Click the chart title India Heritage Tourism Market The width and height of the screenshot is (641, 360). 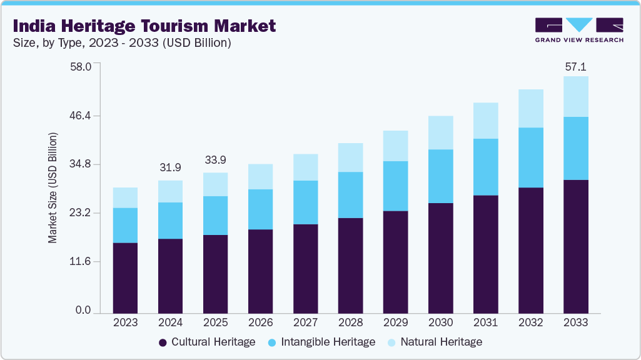[144, 26]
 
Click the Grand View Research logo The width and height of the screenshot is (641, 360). [579, 30]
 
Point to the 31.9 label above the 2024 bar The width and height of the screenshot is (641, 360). [170, 167]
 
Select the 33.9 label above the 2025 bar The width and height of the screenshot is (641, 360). [215, 160]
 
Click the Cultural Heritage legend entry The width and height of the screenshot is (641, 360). [207, 342]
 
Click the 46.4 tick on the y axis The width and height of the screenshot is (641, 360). [83, 116]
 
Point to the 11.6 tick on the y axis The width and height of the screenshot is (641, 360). [83, 261]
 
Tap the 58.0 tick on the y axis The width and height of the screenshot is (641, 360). [83, 66]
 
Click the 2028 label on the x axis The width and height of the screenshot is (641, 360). [350, 323]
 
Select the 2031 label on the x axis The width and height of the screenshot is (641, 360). [485, 323]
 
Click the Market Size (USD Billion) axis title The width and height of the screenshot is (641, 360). [53, 188]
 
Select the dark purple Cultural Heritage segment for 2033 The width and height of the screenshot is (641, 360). [575, 246]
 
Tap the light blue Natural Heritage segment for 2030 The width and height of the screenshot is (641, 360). [440, 132]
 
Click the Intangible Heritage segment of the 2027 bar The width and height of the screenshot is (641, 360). [305, 202]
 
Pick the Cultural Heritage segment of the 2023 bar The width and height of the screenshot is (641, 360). [125, 277]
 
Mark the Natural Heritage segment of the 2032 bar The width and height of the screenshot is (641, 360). [530, 108]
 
